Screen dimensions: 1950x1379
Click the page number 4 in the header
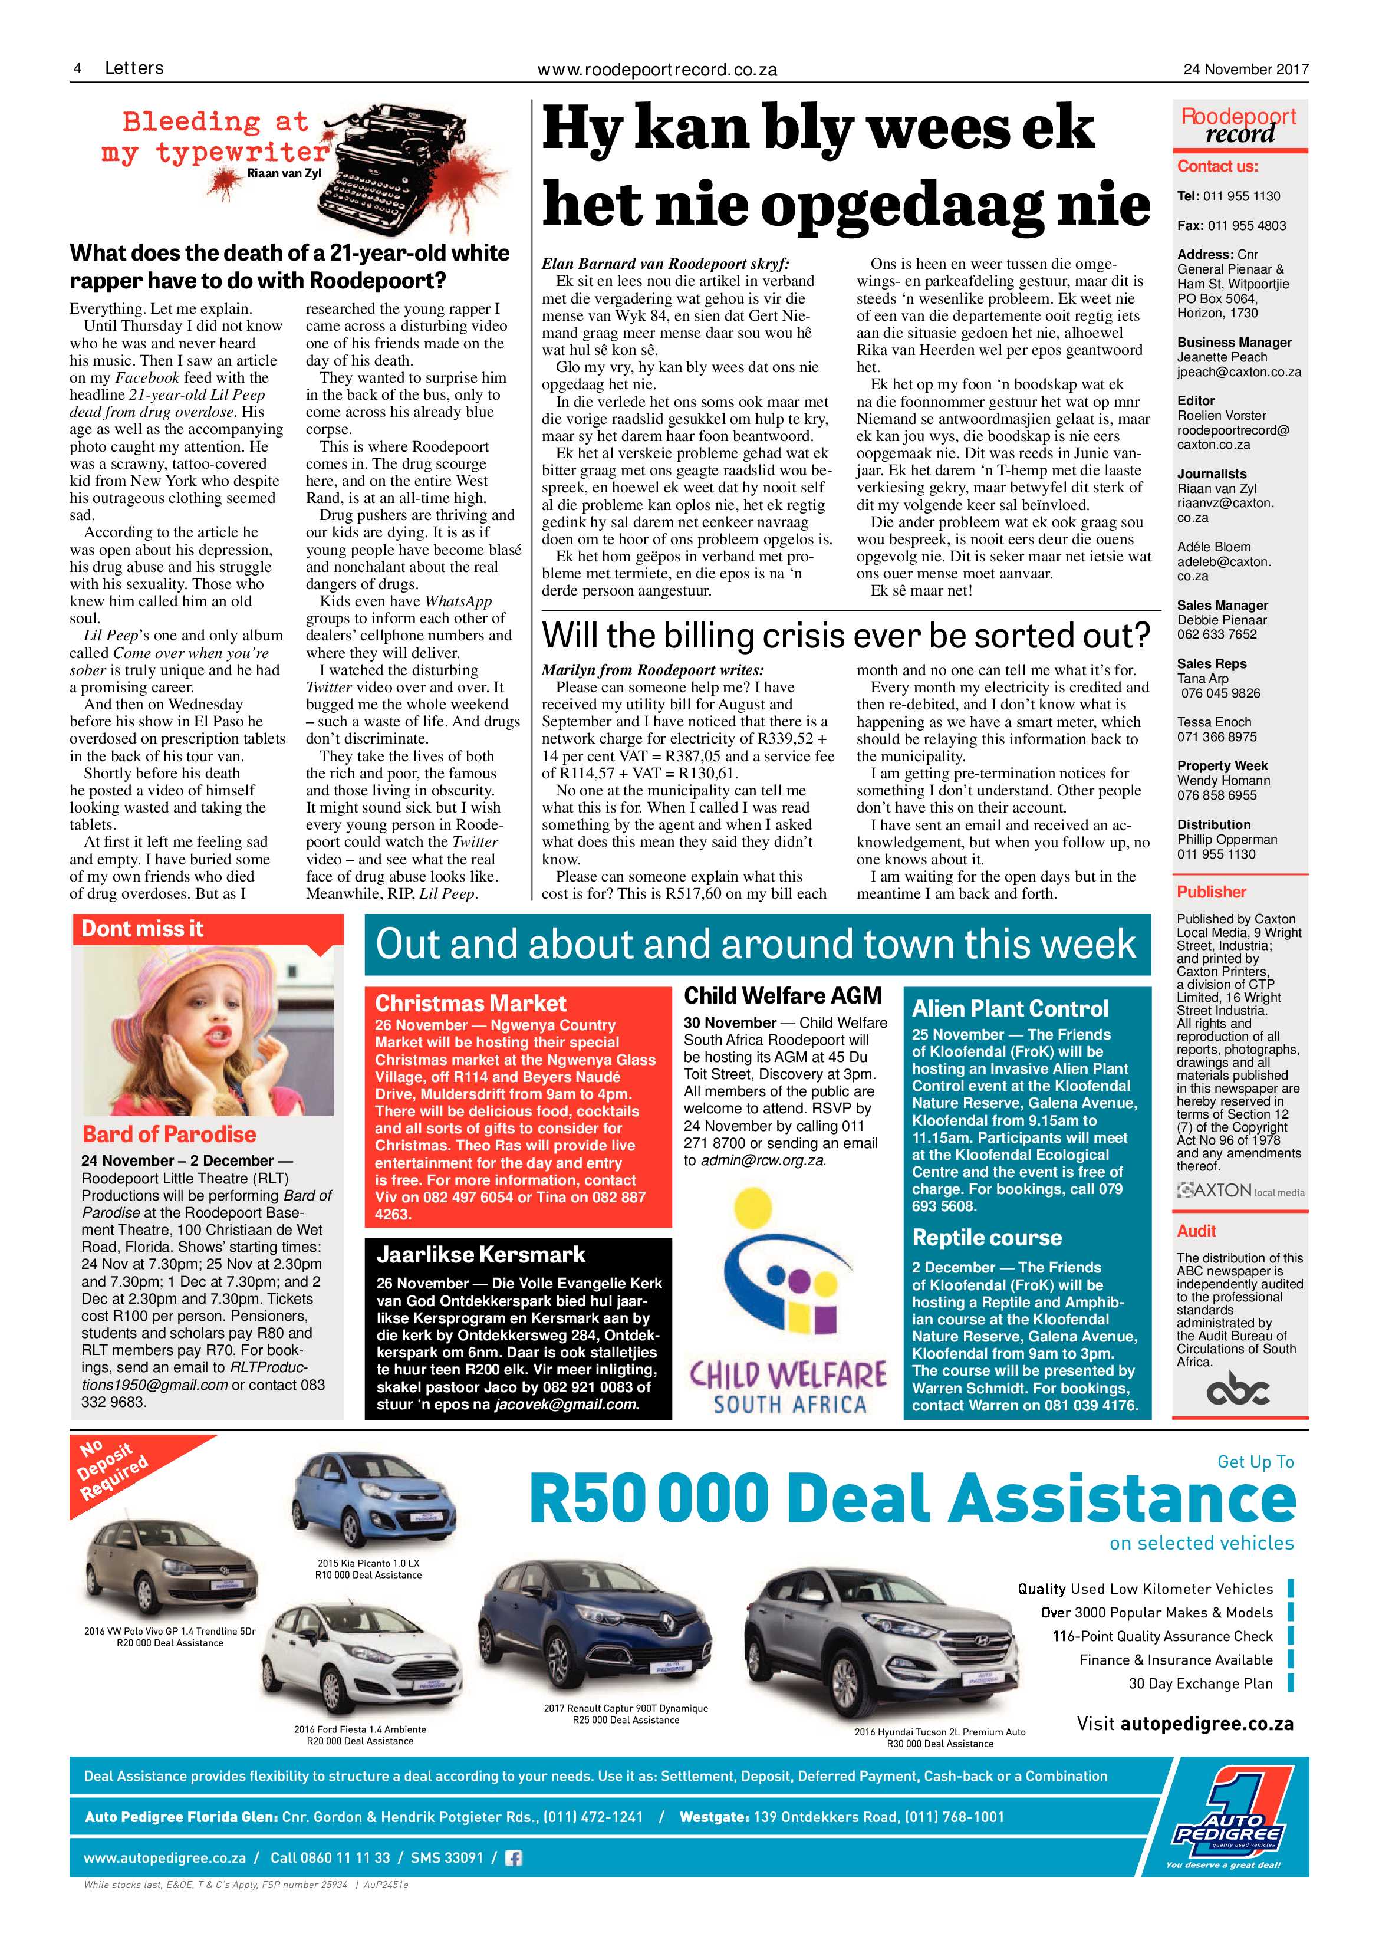point(77,69)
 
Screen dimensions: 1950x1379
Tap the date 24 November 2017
point(1246,70)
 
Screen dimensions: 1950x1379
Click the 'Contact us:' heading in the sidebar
point(1217,166)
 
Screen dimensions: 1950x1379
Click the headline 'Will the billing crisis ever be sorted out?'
point(846,635)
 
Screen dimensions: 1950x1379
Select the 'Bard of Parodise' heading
point(169,1134)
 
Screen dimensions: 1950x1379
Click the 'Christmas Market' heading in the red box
point(470,1003)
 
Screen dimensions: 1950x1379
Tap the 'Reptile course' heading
point(987,1238)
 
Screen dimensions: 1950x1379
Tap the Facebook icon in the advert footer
point(514,1857)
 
